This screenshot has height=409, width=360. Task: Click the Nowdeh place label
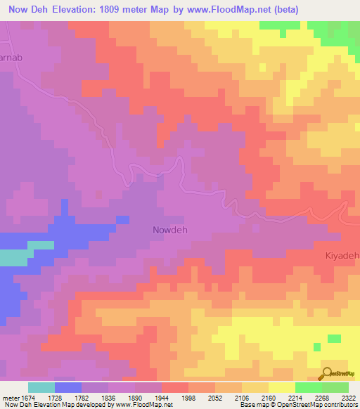171,230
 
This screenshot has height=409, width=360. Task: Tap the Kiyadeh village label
342,257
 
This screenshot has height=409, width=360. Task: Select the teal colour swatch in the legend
41,387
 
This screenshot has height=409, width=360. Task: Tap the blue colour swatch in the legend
67,387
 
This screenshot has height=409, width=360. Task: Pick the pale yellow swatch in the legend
281,387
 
